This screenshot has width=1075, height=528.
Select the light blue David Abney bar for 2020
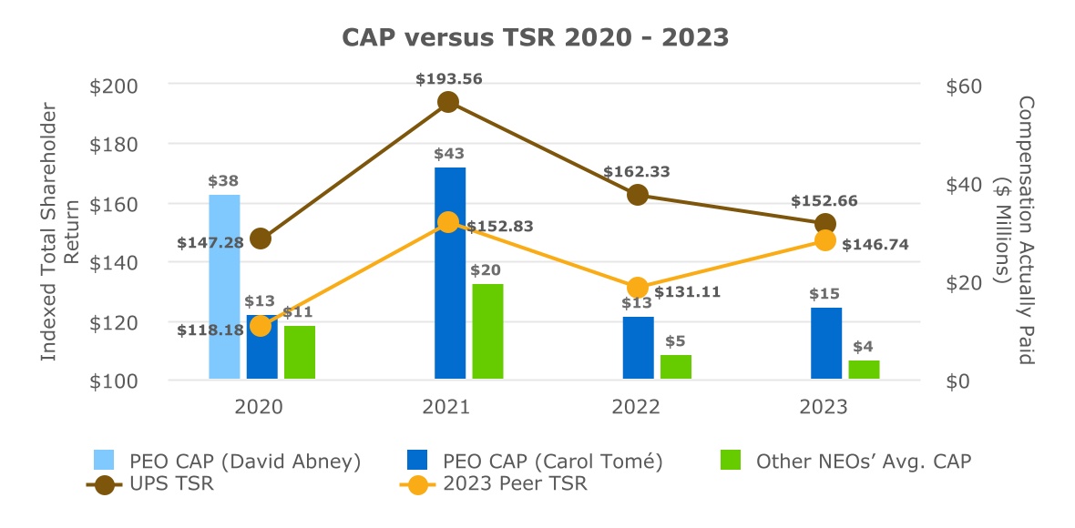click(x=224, y=287)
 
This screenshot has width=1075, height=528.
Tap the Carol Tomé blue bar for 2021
click(x=450, y=273)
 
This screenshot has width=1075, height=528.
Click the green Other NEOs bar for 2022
click(x=676, y=367)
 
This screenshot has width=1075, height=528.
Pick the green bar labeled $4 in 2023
click(x=864, y=370)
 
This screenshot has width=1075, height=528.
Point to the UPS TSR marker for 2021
click(x=448, y=102)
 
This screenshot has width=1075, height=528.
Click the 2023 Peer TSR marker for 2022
click(x=638, y=288)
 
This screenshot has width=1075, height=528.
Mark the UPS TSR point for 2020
click(x=261, y=239)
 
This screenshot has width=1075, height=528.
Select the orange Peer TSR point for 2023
click(x=825, y=240)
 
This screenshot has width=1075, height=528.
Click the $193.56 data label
click(x=449, y=79)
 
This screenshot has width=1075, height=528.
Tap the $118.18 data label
click(x=210, y=330)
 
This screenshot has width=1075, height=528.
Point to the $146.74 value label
click(x=875, y=245)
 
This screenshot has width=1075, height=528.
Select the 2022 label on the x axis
click(x=636, y=407)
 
